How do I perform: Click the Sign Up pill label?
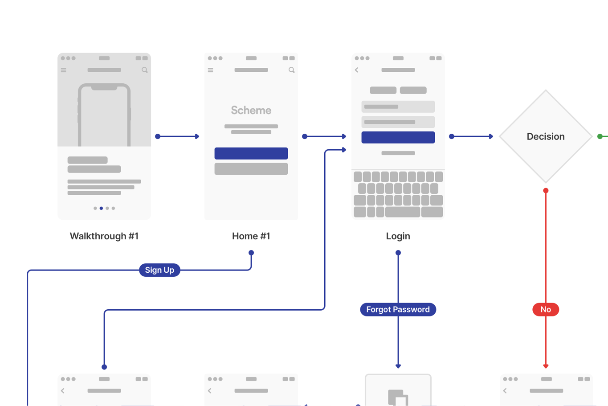tap(159, 270)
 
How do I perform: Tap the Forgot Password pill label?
tap(398, 309)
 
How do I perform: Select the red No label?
tap(545, 309)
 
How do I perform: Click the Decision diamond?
tap(545, 136)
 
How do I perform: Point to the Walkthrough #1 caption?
tap(104, 236)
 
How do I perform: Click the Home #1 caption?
tap(251, 236)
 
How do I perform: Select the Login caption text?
tap(398, 236)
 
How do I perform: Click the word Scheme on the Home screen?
tap(251, 110)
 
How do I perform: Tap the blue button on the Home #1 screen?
tap(251, 153)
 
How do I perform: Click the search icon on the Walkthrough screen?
tap(144, 70)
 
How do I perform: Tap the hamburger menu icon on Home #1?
tap(211, 70)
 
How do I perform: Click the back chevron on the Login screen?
tap(357, 70)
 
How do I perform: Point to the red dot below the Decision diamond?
tap(546, 191)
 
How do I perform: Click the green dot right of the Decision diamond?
tap(600, 136)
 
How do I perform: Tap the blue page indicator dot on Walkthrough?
tap(101, 208)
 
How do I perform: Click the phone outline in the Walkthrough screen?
tap(104, 115)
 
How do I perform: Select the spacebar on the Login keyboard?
tap(402, 212)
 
